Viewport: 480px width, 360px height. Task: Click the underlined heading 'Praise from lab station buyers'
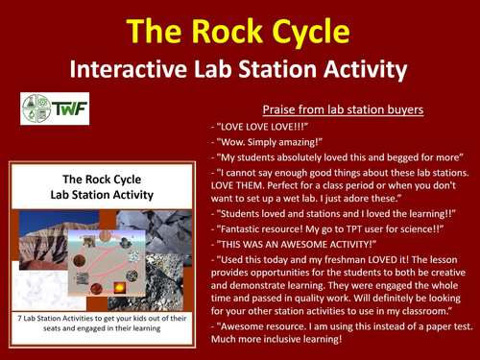(x=343, y=108)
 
